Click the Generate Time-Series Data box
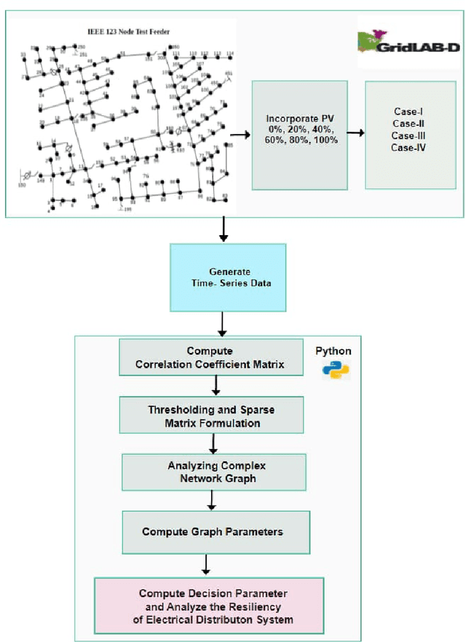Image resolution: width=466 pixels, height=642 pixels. tap(228, 277)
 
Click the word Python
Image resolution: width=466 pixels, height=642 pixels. tap(333, 351)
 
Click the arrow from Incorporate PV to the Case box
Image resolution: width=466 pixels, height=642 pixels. tap(356, 133)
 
